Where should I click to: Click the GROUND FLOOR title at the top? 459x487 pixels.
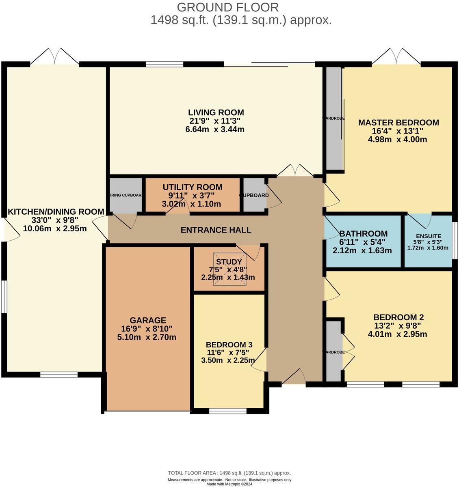(228, 7)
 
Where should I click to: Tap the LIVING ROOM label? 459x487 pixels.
(216, 112)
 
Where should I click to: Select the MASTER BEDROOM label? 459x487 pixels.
(398, 123)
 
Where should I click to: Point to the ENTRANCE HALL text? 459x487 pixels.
(216, 230)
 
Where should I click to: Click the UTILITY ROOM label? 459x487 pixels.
(192, 187)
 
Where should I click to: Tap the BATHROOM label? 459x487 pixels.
(363, 234)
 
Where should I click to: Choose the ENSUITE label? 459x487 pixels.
(428, 236)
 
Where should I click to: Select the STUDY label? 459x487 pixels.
(229, 262)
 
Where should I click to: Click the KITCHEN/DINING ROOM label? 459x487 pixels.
(56, 211)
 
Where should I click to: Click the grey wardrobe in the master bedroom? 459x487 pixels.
(334, 118)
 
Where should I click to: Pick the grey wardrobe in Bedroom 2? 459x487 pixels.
(334, 351)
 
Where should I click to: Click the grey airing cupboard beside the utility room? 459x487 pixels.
(126, 195)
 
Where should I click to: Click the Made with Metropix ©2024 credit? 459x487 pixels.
(229, 484)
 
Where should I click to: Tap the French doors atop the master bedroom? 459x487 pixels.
(396, 57)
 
